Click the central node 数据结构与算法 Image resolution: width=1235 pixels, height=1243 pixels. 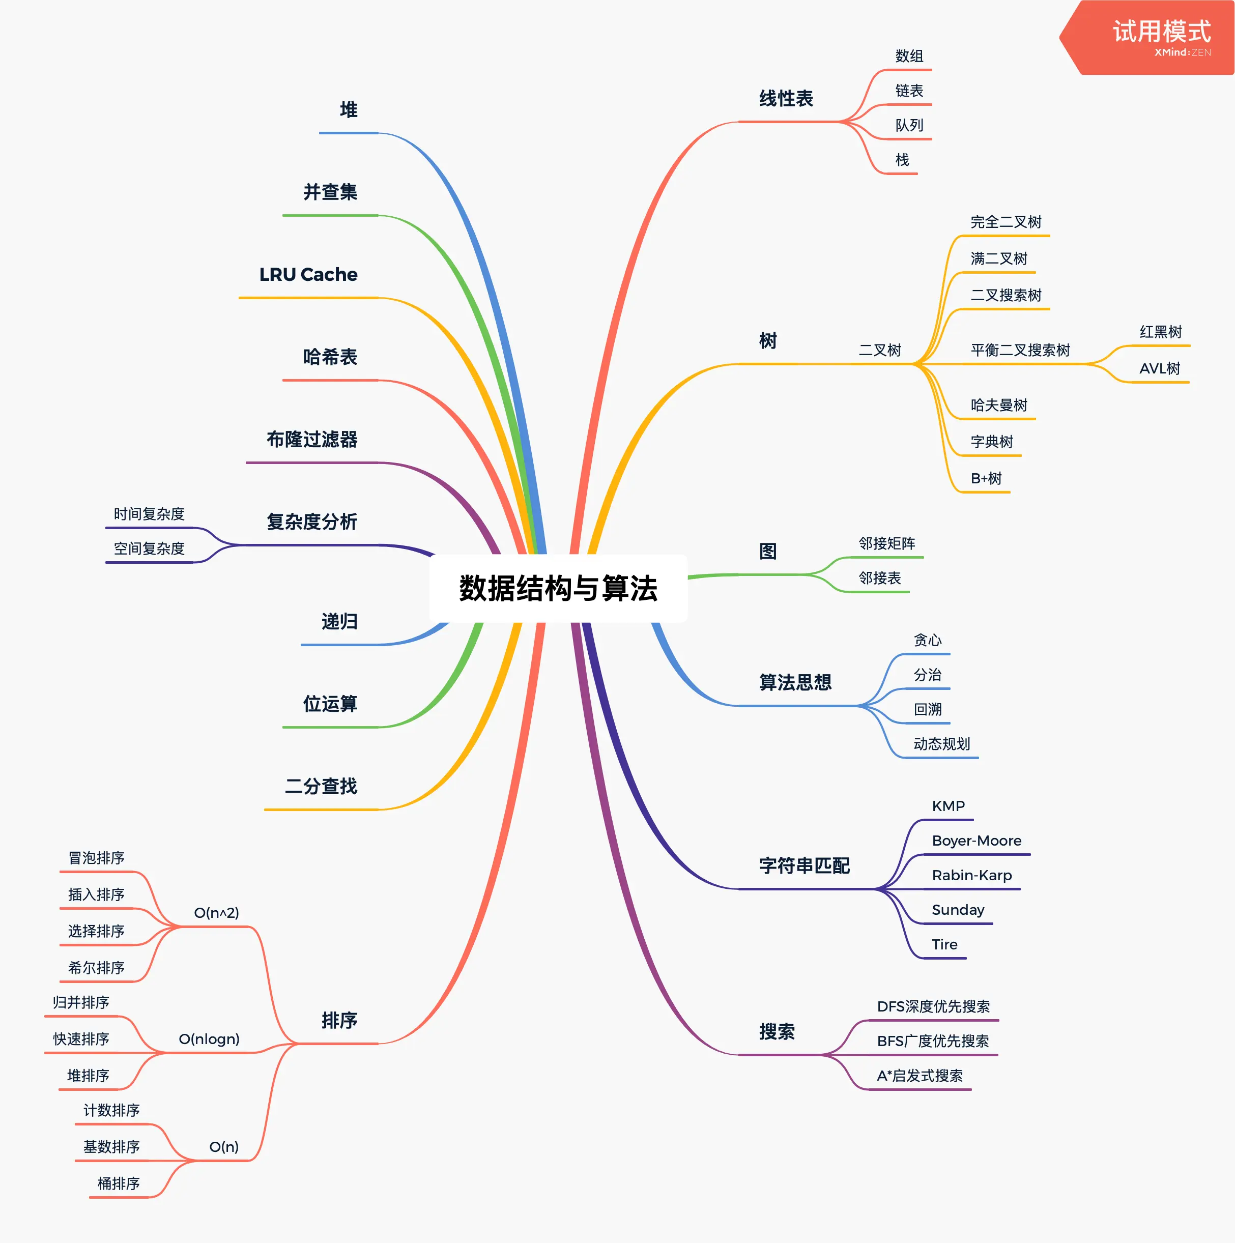558,588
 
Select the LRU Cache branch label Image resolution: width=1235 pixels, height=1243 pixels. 308,275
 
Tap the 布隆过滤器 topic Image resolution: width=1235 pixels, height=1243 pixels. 312,440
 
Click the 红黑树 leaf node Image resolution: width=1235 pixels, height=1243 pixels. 1160,332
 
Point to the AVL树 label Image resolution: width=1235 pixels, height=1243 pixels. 1160,369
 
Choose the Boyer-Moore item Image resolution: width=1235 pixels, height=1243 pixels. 976,841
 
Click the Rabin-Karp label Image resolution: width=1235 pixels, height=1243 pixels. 972,876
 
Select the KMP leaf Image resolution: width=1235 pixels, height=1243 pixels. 948,806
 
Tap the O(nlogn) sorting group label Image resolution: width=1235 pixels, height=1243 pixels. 209,1039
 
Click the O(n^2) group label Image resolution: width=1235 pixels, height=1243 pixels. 216,913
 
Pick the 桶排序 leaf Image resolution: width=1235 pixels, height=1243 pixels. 119,1184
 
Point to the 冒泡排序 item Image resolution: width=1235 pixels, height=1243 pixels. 97,858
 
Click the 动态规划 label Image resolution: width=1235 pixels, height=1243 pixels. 941,744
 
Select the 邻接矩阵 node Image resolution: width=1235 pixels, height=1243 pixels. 887,543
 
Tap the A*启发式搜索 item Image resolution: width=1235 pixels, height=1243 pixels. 920,1076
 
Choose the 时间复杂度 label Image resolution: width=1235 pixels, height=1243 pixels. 149,514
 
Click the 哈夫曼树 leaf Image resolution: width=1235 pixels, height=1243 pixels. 999,406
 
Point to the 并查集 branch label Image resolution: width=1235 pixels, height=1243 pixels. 330,192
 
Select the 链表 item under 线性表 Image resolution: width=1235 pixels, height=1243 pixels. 909,91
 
